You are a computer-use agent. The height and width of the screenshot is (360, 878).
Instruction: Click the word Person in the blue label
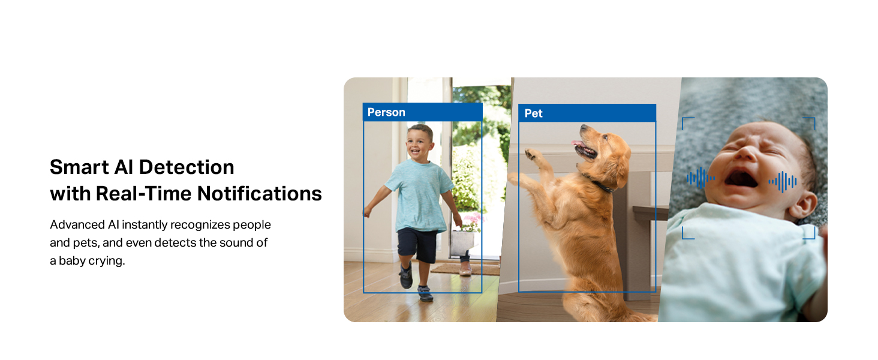(386, 113)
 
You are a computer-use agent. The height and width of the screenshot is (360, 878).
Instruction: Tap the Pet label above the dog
(534, 114)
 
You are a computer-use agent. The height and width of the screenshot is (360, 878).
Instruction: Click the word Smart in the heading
(79, 167)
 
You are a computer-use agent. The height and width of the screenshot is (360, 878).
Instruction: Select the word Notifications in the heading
(260, 193)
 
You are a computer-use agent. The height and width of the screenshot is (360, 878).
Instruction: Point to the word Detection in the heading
(187, 167)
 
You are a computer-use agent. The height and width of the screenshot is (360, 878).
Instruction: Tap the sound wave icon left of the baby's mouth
(700, 178)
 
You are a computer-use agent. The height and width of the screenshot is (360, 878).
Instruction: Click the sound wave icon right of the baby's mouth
(783, 182)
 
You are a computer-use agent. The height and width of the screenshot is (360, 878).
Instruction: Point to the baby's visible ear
(803, 204)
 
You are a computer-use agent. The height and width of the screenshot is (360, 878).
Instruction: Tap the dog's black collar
(600, 184)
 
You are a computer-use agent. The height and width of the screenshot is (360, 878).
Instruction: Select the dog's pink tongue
(578, 143)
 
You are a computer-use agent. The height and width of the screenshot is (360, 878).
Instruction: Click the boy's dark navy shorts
(417, 245)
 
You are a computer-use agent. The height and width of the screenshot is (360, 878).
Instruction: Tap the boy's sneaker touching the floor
(425, 293)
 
